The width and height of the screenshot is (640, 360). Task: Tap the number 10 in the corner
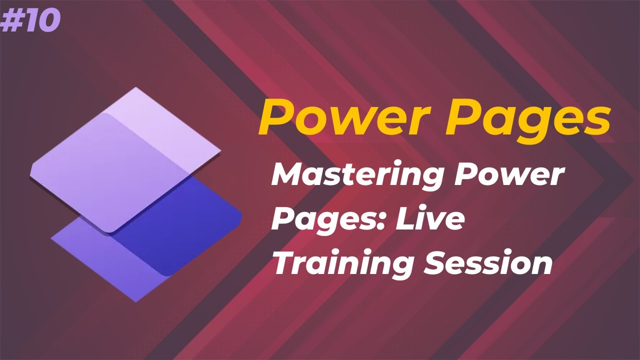tap(41, 21)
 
